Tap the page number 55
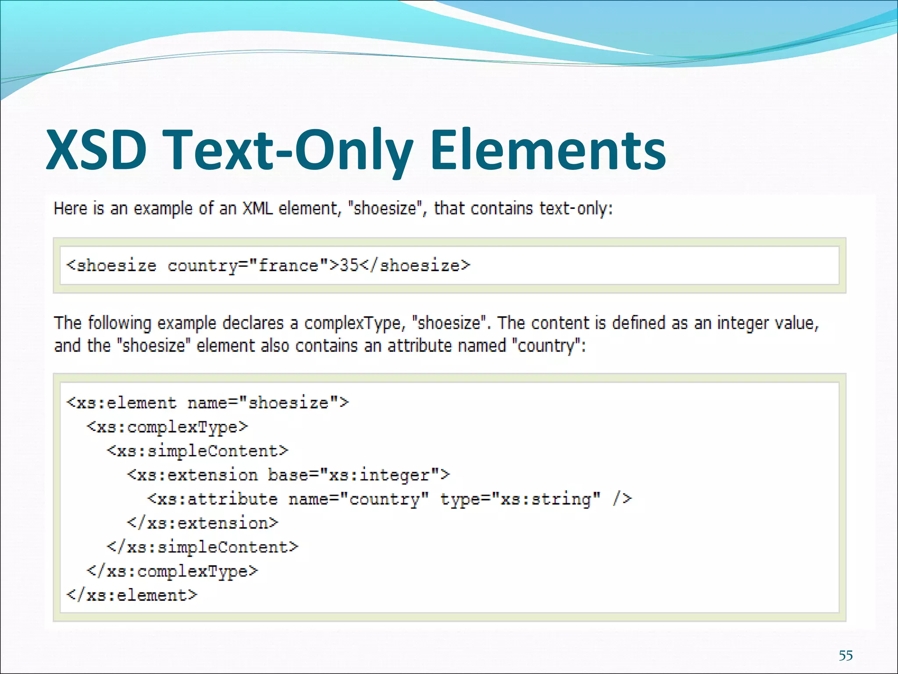pos(846,656)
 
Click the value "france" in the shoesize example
pos(288,266)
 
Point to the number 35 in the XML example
pos(349,266)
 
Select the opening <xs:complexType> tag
pos(167,427)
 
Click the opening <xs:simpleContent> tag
pos(197,451)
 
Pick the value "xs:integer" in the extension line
pos(379,475)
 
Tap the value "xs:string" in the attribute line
pos(546,499)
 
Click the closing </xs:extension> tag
pos(203,523)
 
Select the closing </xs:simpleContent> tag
pos(203,547)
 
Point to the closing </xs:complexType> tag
pos(172,571)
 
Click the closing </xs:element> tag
pos(132,595)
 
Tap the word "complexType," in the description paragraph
pos(353,324)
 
